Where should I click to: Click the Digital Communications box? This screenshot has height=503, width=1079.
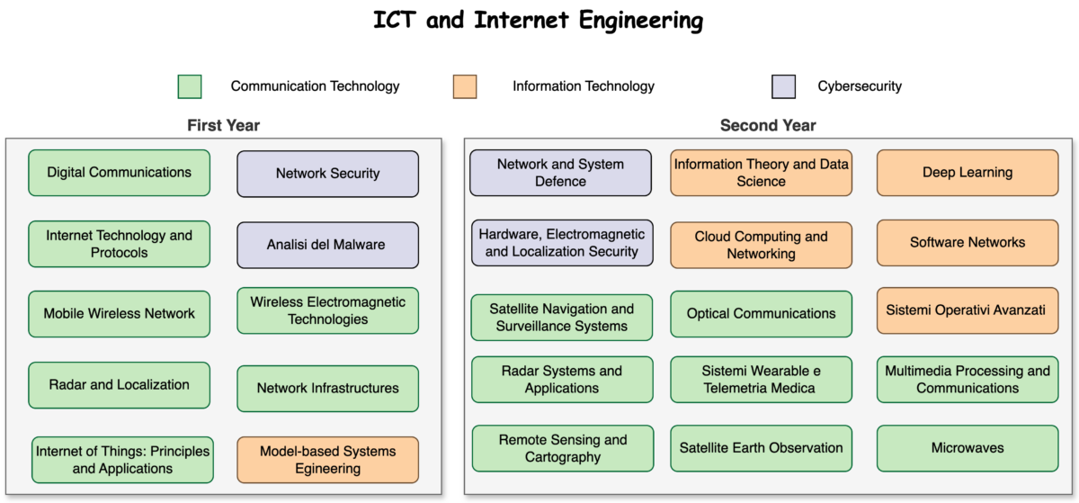pyautogui.click(x=119, y=173)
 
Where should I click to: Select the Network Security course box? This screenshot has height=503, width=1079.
pyautogui.click(x=327, y=174)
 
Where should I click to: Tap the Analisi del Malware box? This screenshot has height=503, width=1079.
pyautogui.click(x=327, y=245)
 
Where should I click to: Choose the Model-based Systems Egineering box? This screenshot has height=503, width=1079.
pyautogui.click(x=327, y=459)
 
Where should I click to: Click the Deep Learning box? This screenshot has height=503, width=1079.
pyautogui.click(x=968, y=173)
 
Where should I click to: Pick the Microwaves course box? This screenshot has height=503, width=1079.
pyautogui.click(x=968, y=448)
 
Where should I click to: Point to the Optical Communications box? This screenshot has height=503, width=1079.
pyautogui.click(x=761, y=314)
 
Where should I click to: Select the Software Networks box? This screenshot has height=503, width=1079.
pyautogui.click(x=968, y=243)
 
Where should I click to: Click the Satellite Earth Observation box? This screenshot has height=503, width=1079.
pyautogui.click(x=761, y=448)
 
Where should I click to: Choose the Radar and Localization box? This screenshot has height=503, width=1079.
pyautogui.click(x=119, y=385)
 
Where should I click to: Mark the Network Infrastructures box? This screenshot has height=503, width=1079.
pyautogui.click(x=327, y=389)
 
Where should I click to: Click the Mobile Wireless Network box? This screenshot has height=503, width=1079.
pyautogui.click(x=119, y=314)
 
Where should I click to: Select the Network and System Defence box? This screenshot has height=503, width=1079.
pyautogui.click(x=560, y=173)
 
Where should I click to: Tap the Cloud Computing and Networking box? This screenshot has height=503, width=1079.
pyautogui.click(x=761, y=245)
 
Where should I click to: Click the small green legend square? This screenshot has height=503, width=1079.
pyautogui.click(x=190, y=86)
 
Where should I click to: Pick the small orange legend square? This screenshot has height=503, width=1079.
pyautogui.click(x=465, y=86)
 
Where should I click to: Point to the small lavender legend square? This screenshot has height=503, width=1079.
pyautogui.click(x=784, y=86)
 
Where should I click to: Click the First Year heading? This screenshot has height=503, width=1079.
pyautogui.click(x=223, y=126)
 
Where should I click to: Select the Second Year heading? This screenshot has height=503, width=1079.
pyautogui.click(x=768, y=126)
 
